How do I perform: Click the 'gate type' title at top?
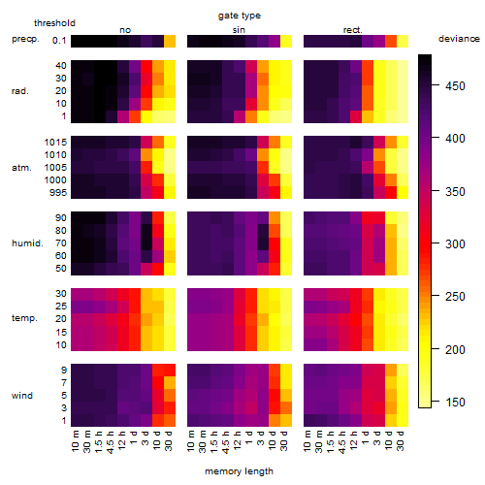click(240, 16)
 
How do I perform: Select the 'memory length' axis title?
click(239, 471)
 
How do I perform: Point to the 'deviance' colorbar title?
click(459, 39)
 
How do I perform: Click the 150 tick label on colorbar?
click(455, 403)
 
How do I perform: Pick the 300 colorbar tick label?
click(455, 244)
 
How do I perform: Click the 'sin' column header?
click(239, 30)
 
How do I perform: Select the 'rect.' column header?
click(353, 30)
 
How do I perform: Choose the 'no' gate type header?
click(125, 30)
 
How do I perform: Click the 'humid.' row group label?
click(27, 243)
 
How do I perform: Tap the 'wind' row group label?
click(22, 396)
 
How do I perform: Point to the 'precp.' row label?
click(25, 39)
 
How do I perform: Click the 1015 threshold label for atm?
click(55, 143)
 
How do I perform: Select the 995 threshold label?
click(58, 193)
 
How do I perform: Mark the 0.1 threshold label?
click(59, 41)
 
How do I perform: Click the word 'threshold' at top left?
click(54, 23)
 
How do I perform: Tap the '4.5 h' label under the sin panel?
click(226, 442)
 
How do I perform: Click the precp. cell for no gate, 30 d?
click(170, 42)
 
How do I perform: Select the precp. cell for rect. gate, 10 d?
click(391, 42)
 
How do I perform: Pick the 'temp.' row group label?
click(24, 318)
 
